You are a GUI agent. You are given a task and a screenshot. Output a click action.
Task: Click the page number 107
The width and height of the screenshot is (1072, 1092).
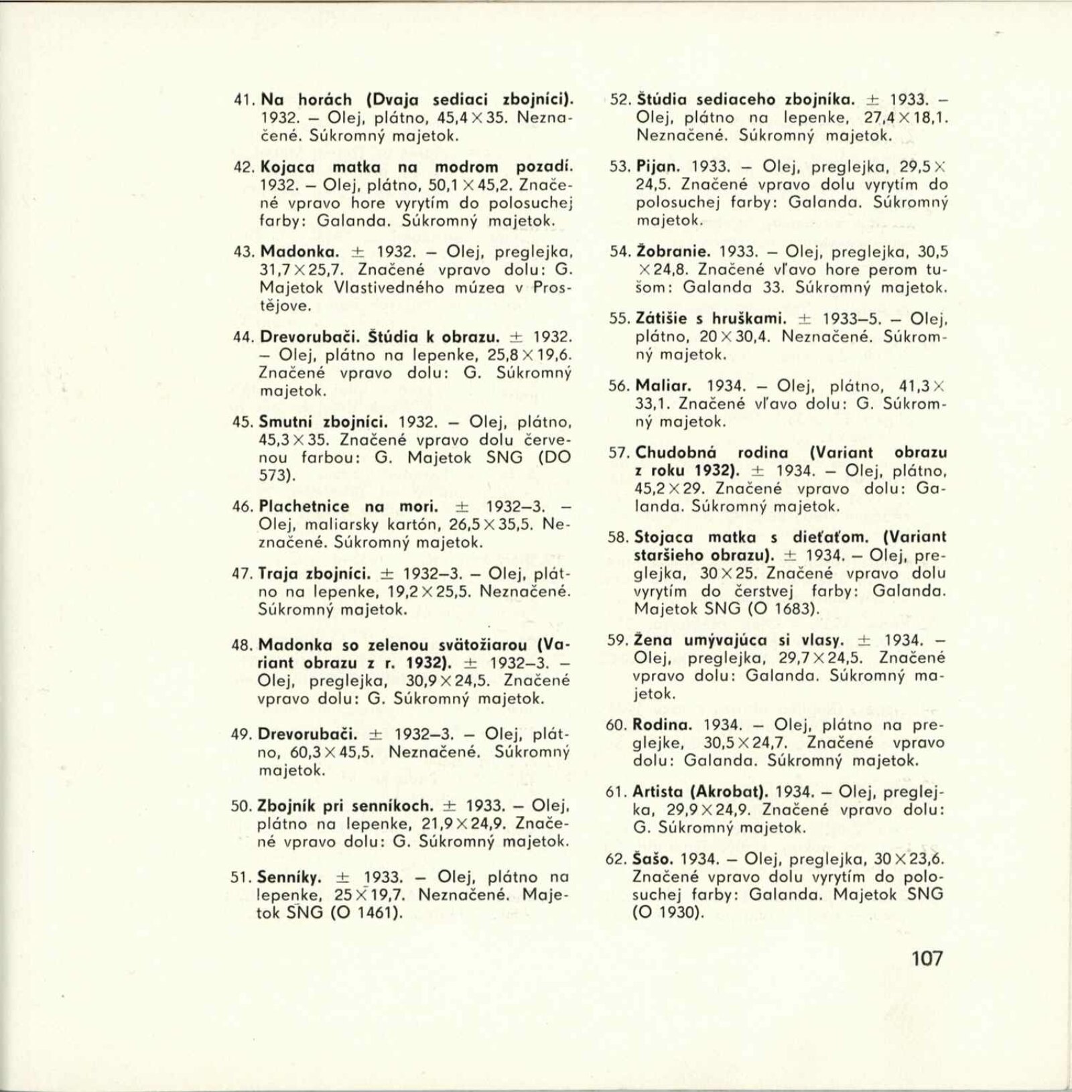pos(927,958)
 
